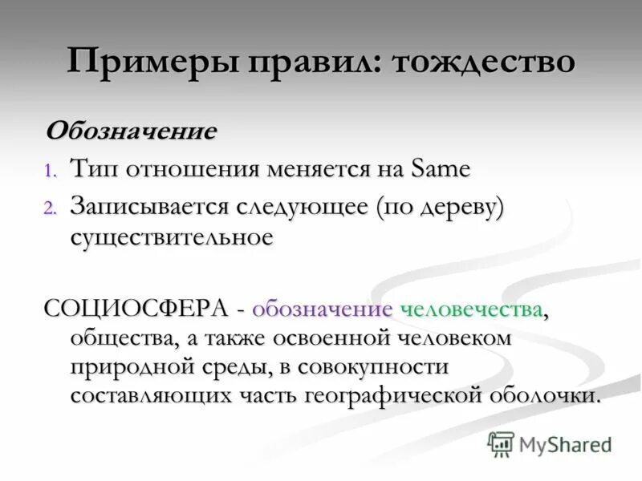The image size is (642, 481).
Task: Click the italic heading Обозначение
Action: pyautogui.click(x=131, y=131)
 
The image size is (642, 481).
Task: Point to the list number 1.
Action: pyautogui.click(x=51, y=171)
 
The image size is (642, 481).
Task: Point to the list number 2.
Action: pyautogui.click(x=51, y=208)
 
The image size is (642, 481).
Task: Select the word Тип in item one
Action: pyautogui.click(x=93, y=169)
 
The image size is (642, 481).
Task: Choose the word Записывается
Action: pyautogui.click(x=148, y=206)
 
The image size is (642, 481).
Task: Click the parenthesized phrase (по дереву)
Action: pyautogui.click(x=437, y=206)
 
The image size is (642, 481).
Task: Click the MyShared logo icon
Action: pyautogui.click(x=502, y=443)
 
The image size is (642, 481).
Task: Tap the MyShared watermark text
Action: pyautogui.click(x=565, y=443)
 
